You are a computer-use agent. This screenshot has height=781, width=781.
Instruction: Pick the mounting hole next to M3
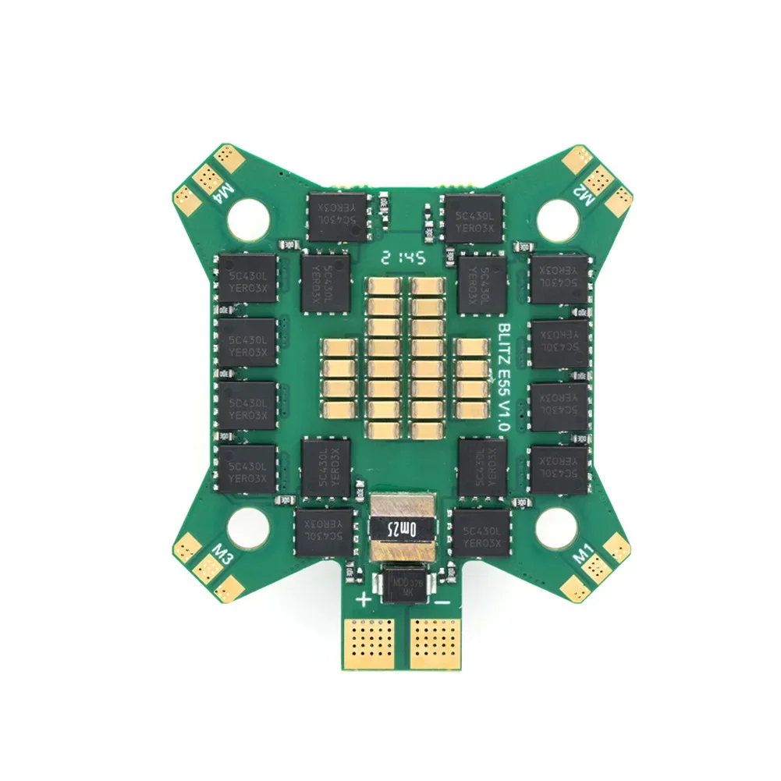pyautogui.click(x=250, y=523)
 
